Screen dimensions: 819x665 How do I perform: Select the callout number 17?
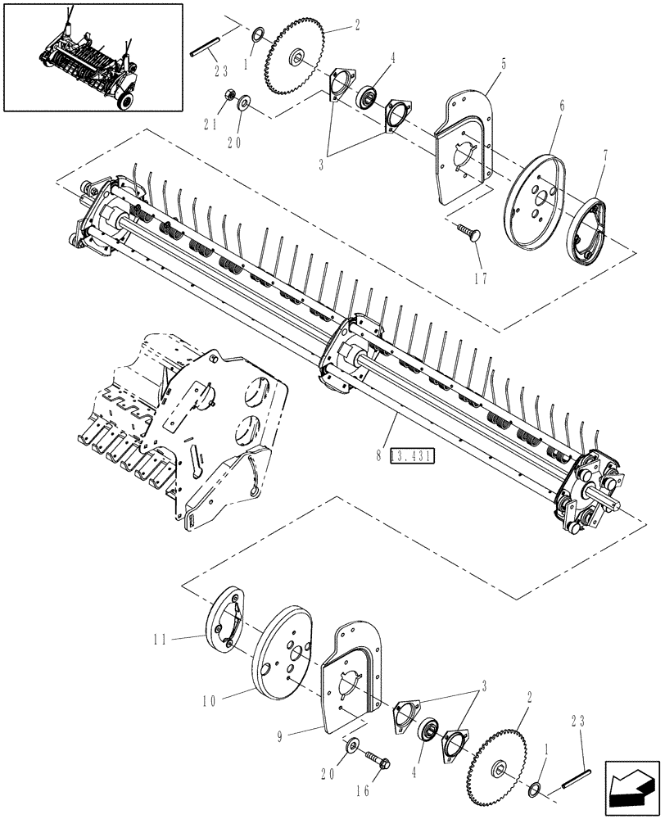pyautogui.click(x=480, y=278)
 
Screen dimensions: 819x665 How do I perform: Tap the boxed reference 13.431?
pyautogui.click(x=414, y=456)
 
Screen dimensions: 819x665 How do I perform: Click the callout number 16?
pyautogui.click(x=364, y=792)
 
